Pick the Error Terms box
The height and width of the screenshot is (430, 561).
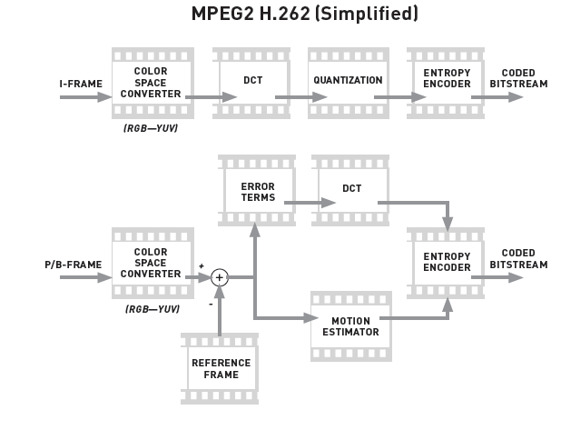point(257,192)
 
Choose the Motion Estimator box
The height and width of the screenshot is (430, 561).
point(350,327)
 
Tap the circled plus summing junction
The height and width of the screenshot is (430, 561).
point(219,278)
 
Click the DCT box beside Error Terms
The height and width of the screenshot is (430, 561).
point(352,192)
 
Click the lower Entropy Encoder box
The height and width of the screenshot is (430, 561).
point(447,262)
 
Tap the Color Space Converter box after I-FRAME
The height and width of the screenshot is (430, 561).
point(151,83)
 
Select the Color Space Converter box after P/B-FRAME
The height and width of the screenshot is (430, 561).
point(151,264)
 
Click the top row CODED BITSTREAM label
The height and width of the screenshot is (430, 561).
point(518,79)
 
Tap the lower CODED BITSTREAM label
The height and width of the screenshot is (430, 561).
point(518,259)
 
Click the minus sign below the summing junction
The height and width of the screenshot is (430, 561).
point(211,304)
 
